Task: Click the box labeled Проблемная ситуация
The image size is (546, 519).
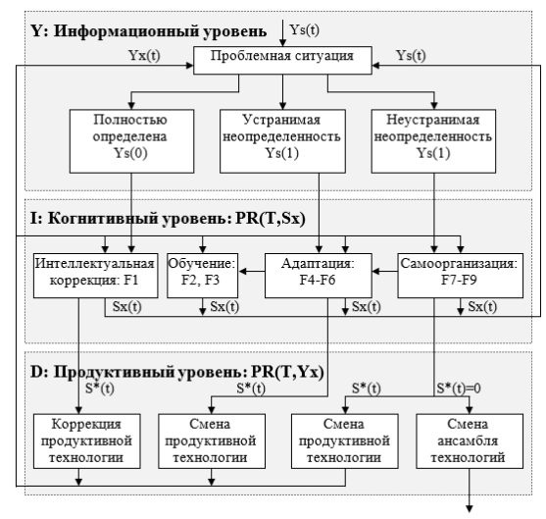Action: (282, 60)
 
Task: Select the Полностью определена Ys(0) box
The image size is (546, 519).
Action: (131, 141)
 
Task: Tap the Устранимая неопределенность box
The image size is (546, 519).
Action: (282, 141)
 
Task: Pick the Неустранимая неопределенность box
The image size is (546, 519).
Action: (433, 141)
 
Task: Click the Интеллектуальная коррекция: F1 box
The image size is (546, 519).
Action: (95, 276)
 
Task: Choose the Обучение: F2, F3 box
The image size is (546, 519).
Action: (202, 276)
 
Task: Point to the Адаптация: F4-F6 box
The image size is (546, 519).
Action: (319, 276)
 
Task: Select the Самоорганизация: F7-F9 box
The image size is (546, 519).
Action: (460, 276)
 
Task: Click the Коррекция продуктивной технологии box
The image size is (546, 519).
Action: (86, 441)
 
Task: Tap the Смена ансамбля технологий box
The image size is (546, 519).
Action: (470, 441)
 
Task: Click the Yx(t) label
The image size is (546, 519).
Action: (144, 55)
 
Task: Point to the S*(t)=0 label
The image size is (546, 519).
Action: (459, 388)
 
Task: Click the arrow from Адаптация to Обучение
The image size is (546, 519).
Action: (251, 271)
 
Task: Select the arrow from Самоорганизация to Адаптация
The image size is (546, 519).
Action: (385, 271)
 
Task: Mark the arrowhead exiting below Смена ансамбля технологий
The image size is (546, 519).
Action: (470, 509)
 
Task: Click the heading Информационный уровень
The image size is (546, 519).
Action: (161, 31)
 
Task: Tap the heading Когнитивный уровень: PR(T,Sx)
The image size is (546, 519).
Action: (176, 219)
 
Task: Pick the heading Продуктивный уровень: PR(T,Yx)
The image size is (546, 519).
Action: (189, 372)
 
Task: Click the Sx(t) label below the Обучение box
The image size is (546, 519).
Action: (224, 307)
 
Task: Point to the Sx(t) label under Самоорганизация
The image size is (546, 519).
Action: (482, 307)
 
